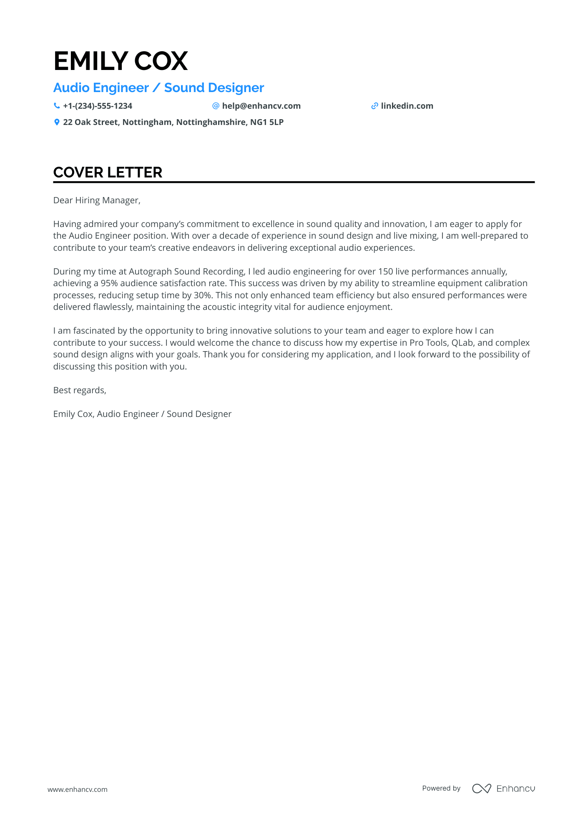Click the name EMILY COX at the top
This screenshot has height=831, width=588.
click(121, 61)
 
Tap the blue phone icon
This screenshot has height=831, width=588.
click(57, 106)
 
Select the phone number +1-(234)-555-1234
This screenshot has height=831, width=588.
click(98, 106)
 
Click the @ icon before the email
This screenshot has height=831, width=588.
click(216, 106)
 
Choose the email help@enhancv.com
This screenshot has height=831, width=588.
click(261, 106)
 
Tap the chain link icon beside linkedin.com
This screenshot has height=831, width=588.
click(374, 106)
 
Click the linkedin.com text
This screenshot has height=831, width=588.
click(407, 106)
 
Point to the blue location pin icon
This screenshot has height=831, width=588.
click(57, 122)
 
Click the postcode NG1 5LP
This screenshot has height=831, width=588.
click(266, 122)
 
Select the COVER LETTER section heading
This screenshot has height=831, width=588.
click(108, 172)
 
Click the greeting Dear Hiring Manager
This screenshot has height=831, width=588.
click(97, 200)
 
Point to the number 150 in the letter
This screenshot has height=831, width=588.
click(385, 272)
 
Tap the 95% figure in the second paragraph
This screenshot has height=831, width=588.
click(109, 283)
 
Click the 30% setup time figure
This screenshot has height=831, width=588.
click(203, 295)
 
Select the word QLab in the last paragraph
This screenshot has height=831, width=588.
click(462, 343)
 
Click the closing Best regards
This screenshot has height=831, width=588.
click(80, 390)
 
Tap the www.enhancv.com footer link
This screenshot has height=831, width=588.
click(78, 789)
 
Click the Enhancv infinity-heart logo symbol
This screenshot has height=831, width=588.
click(481, 789)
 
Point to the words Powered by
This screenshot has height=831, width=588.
click(441, 788)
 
